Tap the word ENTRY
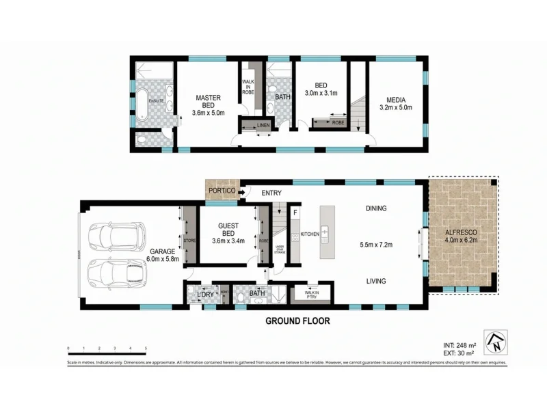tap(271, 193)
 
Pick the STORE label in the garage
tap(189, 241)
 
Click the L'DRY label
tap(206, 294)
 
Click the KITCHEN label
tap(310, 234)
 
